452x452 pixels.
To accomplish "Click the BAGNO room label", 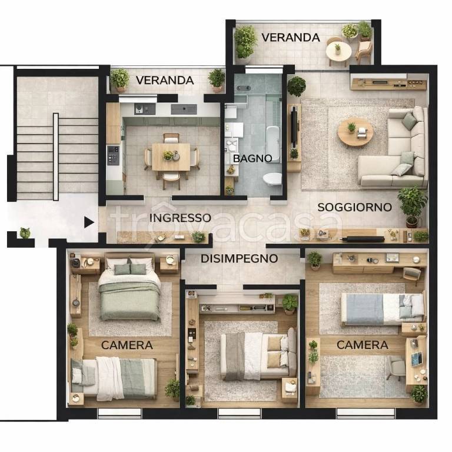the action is click(252, 158).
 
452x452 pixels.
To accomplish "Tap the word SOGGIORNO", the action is click(354, 207).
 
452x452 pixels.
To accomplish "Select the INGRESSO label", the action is click(180, 218).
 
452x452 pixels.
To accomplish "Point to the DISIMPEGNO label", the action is click(240, 258).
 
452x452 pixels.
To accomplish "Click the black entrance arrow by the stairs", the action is click(89, 222).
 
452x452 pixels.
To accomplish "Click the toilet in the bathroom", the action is click(272, 179).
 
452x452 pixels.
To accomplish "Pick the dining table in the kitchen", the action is click(171, 157).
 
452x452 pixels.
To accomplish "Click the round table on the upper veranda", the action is click(339, 52).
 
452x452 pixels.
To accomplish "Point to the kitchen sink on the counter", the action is click(184, 109).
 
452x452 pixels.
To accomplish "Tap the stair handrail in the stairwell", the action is click(56, 157).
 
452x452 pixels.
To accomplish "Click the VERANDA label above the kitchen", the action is click(165, 81).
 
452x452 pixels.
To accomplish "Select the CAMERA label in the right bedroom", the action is click(363, 345).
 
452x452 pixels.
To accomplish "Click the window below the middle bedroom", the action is click(240, 413).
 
